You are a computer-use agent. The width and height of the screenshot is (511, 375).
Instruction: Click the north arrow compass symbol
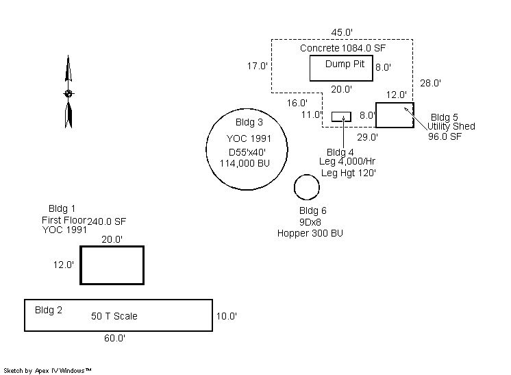pos(68,93)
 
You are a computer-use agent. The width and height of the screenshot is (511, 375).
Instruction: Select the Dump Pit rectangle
pos(341,69)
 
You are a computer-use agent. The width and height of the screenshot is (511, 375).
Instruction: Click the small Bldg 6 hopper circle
pos(307,186)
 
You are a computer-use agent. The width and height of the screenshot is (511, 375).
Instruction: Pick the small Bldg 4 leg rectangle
pos(341,117)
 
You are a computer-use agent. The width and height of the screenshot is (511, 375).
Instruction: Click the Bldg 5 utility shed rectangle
pos(394,114)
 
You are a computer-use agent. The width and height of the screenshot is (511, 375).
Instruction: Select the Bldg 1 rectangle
pos(112,265)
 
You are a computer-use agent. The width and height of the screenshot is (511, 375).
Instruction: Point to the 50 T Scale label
pos(114,316)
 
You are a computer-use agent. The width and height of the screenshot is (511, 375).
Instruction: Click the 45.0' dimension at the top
pos(342,32)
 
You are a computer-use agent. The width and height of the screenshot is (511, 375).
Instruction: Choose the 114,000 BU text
pos(245,162)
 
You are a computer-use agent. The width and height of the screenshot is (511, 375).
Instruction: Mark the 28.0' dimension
pos(430,83)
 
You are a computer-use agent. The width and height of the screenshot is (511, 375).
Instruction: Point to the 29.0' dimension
pos(368,137)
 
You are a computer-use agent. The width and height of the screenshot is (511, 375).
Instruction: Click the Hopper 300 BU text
pos(310,233)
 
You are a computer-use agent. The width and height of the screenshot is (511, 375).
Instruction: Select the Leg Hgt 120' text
pos(348,173)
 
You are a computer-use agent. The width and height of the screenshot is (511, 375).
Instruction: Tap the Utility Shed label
pos(451,126)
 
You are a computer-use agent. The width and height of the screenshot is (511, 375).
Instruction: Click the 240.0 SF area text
pos(107,221)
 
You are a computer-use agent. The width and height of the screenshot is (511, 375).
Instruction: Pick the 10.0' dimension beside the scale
pos(226,316)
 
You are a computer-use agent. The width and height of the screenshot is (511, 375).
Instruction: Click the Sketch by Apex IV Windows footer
pos(48,370)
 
